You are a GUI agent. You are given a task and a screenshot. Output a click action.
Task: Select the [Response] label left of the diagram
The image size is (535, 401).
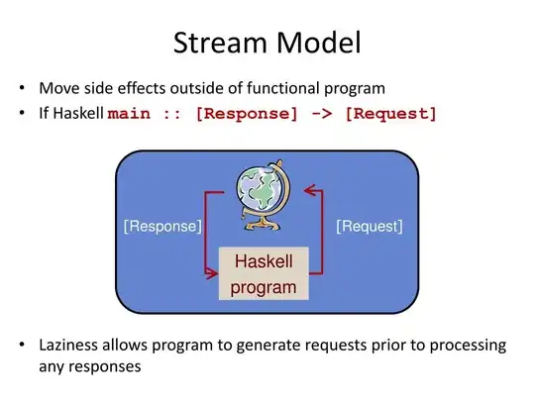162,227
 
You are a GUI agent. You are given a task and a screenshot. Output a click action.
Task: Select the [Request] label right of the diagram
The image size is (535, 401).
370,227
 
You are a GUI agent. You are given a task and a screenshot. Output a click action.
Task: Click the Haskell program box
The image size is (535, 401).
264,274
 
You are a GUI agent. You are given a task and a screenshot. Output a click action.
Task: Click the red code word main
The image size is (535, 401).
131,113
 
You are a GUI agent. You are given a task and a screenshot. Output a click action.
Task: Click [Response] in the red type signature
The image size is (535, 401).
247,113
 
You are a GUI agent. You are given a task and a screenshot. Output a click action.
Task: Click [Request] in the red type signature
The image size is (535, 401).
390,113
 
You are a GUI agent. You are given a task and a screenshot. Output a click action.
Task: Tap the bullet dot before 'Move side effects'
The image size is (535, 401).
22,88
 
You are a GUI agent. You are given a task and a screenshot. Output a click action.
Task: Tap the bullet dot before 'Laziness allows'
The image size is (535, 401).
22,346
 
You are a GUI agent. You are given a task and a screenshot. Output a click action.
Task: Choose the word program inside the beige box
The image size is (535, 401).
264,288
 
